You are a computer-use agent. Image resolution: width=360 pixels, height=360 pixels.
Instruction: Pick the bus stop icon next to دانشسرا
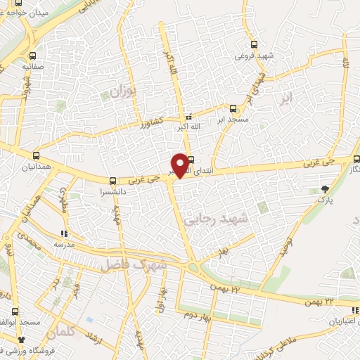113,181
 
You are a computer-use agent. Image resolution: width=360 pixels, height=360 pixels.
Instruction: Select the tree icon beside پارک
325,188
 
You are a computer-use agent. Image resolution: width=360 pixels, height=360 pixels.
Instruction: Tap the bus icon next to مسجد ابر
233,108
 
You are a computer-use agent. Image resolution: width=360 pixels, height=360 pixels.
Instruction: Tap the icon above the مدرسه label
64,233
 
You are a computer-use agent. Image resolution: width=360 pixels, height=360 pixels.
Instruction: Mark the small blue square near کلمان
89,319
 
